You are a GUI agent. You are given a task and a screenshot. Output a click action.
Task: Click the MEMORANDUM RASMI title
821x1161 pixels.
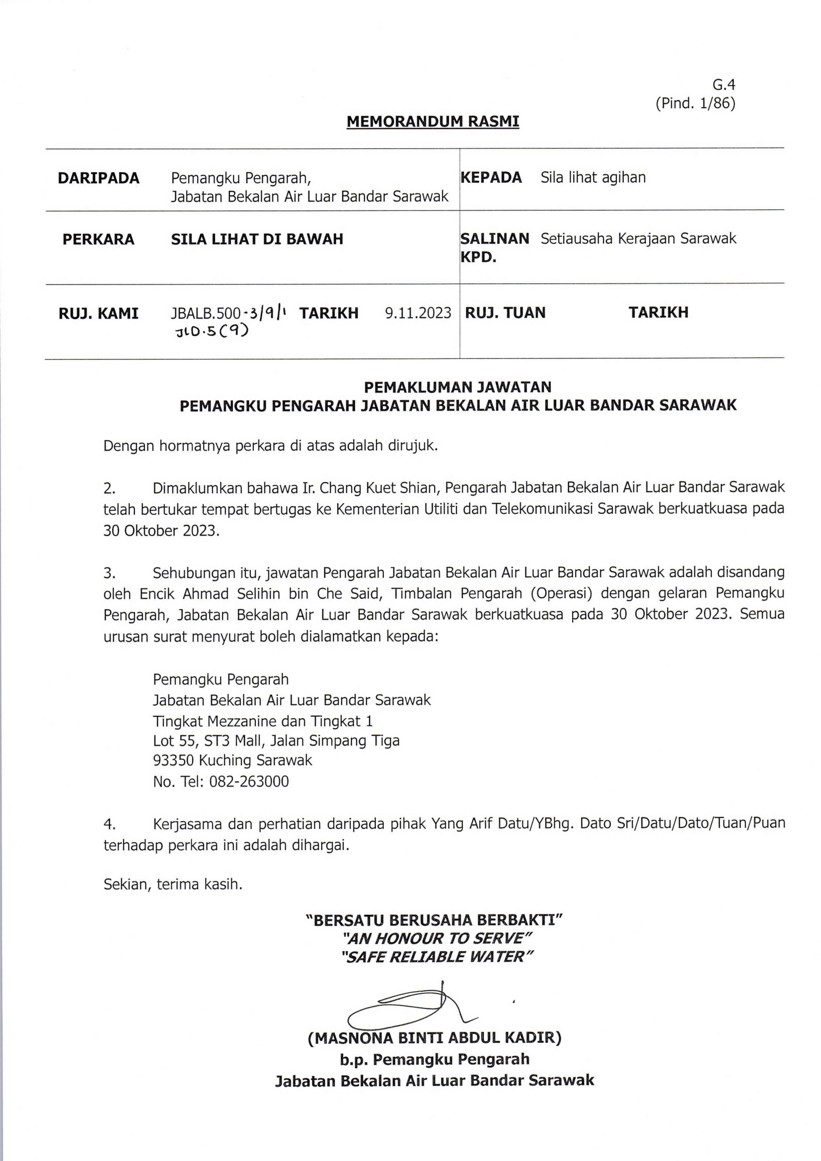point(433,122)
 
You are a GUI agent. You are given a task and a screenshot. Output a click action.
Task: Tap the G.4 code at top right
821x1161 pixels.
point(723,85)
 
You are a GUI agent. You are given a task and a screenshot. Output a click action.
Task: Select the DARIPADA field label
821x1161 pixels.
point(99,178)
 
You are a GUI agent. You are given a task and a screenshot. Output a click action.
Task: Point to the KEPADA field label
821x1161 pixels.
point(491,178)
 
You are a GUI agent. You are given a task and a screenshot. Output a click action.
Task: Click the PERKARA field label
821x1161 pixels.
point(99,239)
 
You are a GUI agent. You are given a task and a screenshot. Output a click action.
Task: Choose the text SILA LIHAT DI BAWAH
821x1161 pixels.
point(257,239)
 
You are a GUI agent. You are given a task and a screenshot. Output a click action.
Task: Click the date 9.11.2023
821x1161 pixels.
point(418,313)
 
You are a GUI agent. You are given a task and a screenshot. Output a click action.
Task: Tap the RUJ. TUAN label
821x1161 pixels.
point(505,313)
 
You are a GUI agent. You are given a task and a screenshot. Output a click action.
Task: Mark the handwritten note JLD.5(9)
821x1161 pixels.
point(212,331)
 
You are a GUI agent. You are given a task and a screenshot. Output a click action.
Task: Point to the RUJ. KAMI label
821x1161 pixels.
point(99,314)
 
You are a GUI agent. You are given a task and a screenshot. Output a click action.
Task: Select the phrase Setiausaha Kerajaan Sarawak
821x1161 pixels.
point(638,238)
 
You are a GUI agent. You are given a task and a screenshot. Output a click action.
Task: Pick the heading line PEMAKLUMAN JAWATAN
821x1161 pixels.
point(458,387)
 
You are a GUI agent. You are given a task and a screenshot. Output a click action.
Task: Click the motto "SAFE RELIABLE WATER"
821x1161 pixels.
point(437,956)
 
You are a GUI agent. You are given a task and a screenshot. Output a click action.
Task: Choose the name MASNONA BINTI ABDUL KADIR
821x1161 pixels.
point(435,1038)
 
